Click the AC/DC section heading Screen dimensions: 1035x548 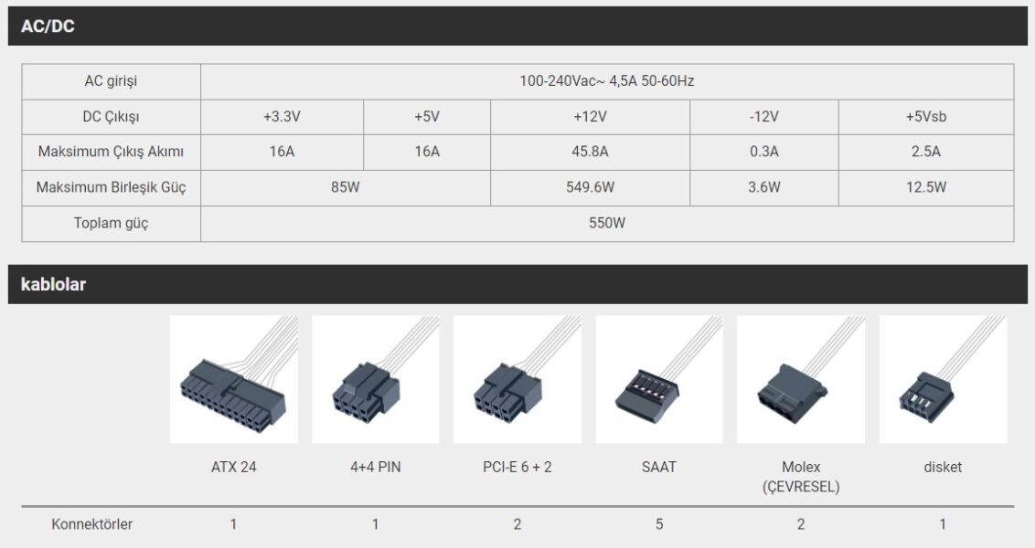(48, 26)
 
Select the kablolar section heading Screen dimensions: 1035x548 (53, 284)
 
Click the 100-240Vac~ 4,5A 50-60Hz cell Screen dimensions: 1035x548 (606, 81)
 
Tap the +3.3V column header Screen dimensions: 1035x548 (282, 117)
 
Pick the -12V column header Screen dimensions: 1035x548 (763, 117)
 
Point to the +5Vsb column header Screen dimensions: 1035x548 (925, 117)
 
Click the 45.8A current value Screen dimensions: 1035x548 (590, 152)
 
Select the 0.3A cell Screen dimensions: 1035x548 (763, 152)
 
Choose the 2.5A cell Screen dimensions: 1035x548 (925, 152)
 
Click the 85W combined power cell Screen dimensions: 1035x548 (346, 187)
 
